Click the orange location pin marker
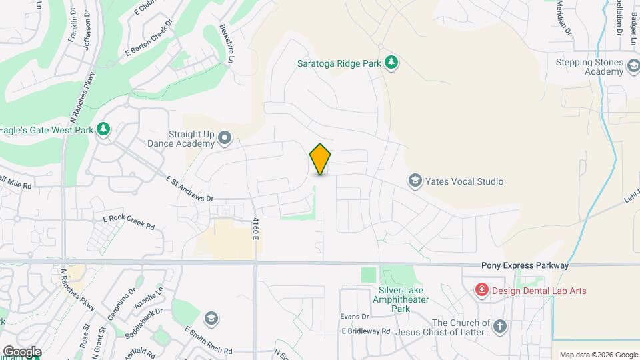point(321,159)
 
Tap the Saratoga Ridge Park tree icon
point(393,63)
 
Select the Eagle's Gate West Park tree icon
point(103,129)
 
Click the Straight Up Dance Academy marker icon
point(225,138)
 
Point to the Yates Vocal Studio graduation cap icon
point(415,181)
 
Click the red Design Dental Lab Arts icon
point(480,289)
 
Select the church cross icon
point(501,326)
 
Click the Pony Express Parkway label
point(525,265)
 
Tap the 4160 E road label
point(255,229)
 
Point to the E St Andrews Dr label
point(189,189)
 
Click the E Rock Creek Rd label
point(128,223)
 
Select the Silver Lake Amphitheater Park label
point(409,299)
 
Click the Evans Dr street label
point(354,316)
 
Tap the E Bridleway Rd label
point(365,331)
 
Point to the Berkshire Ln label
point(228,45)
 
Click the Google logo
point(22,351)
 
